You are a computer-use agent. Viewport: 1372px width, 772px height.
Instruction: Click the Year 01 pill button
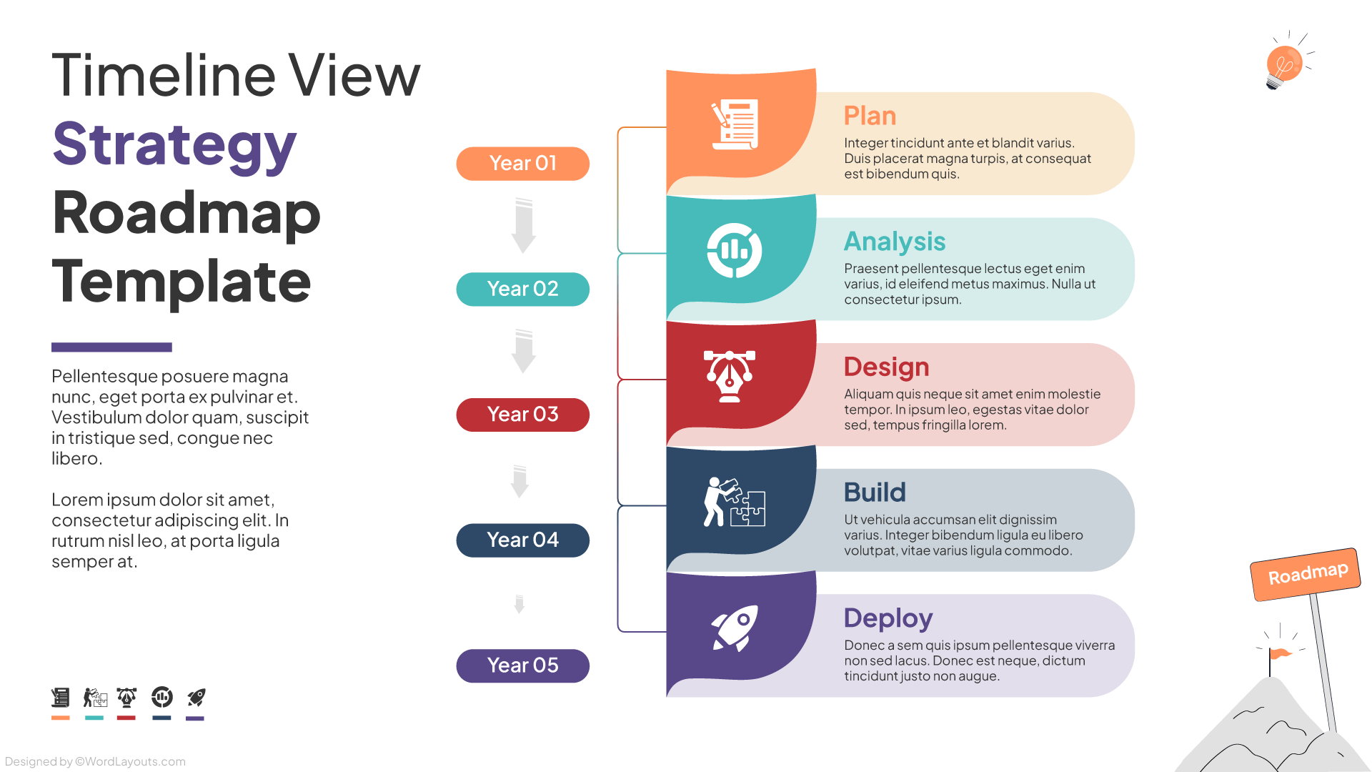pos(522,164)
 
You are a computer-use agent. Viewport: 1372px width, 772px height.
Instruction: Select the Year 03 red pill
pos(522,415)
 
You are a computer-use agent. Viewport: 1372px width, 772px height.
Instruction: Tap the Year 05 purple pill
pos(522,665)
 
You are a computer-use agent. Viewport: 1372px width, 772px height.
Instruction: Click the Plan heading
pos(870,116)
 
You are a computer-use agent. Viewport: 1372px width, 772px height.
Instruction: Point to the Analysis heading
pos(895,242)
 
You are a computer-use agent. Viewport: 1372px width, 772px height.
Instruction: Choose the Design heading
pos(886,367)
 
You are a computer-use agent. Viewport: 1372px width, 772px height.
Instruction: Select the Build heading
pos(875,493)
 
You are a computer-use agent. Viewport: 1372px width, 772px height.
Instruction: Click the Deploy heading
pos(888,618)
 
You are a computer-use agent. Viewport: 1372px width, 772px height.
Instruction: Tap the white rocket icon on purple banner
pos(735,628)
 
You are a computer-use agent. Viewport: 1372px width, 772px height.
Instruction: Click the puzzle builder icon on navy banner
pos(735,502)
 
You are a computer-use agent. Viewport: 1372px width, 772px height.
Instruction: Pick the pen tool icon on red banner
pos(730,376)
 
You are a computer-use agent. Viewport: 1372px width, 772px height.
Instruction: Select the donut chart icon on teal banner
pos(735,251)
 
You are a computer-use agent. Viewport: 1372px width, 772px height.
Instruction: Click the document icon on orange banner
pos(735,125)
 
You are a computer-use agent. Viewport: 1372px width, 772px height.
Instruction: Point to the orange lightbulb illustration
pos(1284,64)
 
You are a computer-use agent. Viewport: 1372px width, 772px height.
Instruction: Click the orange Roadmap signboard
pos(1306,574)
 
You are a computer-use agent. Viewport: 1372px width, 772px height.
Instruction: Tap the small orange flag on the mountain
pos(1278,653)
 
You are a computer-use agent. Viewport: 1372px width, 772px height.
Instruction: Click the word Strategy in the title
pos(174,144)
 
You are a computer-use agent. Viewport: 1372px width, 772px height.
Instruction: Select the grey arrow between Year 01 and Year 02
pos(523,226)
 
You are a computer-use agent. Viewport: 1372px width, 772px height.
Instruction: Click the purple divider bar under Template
pos(111,347)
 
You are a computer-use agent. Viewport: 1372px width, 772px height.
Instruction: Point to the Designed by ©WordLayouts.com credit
pos(95,762)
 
